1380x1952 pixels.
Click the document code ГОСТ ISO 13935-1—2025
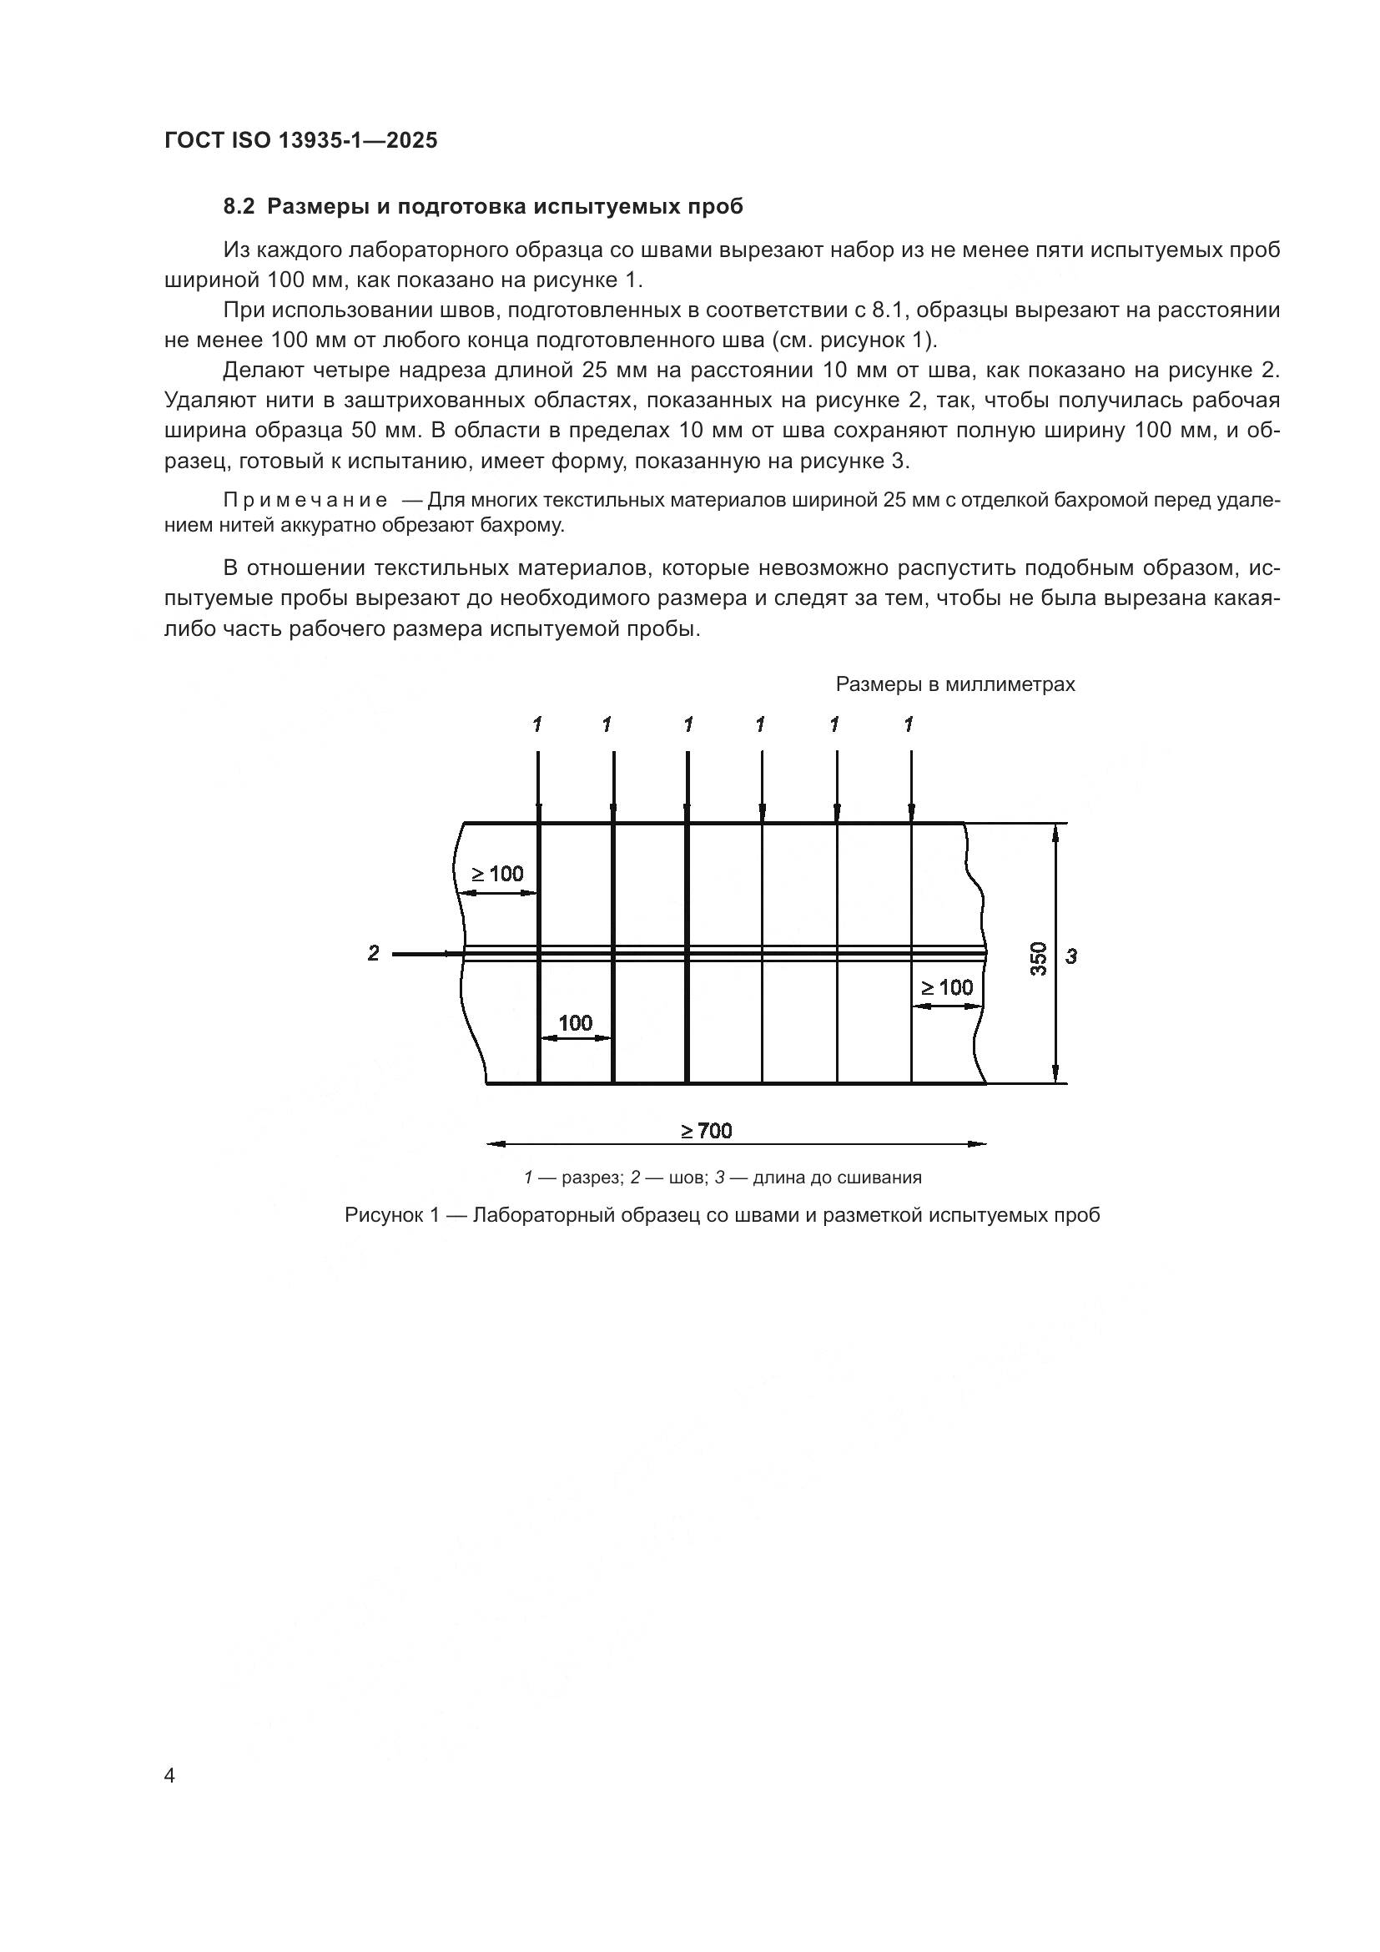[301, 140]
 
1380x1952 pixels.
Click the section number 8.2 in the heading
[239, 207]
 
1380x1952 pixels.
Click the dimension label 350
[1039, 958]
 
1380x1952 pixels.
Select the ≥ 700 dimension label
[706, 1131]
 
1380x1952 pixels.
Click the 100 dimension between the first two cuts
[576, 1023]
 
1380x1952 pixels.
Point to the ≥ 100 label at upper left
[498, 874]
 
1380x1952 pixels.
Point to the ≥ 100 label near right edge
[947, 987]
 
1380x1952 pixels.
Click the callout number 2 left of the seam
[373, 953]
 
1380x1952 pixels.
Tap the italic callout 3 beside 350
[1071, 956]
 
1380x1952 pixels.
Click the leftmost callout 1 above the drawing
[537, 724]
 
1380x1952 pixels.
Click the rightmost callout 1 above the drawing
[909, 724]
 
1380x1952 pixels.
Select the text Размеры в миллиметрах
[955, 684]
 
